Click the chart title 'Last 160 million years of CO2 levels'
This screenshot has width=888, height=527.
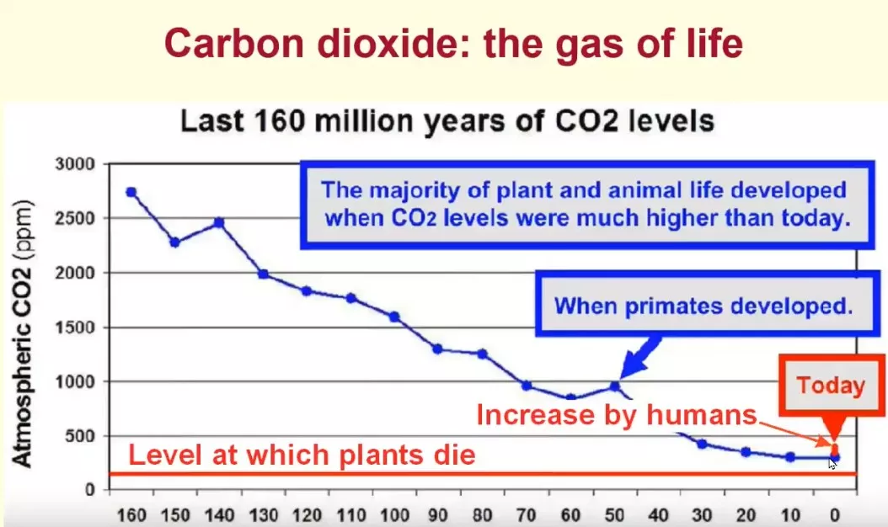447,121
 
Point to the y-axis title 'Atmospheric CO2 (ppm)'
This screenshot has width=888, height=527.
24,333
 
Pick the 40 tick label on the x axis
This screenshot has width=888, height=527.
659,514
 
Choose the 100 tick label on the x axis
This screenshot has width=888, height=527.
394,514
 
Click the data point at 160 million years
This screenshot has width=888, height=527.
131,192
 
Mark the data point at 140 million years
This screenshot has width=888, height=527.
218,222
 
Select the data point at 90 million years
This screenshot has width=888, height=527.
437,349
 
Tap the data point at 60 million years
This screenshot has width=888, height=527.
570,398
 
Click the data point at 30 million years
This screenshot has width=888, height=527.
702,443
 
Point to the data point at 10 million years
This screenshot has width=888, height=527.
790,457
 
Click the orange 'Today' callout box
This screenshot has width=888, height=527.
831,386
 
